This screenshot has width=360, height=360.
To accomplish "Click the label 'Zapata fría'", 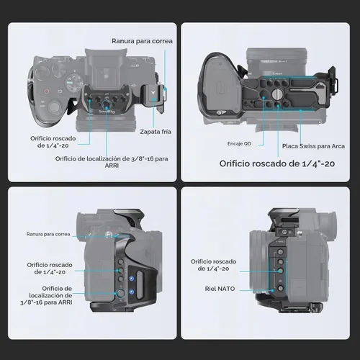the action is tap(156, 132).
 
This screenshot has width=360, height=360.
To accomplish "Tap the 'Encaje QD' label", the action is tap(239, 143).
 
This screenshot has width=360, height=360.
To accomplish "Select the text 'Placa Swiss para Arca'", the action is tap(313, 146).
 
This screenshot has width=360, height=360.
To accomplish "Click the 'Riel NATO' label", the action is tap(220, 289).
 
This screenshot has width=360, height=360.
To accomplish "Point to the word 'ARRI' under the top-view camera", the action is tap(112, 166).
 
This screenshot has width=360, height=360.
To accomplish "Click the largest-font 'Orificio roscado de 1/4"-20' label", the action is tap(277, 163).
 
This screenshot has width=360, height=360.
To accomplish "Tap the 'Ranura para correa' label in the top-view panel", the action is tap(142, 41).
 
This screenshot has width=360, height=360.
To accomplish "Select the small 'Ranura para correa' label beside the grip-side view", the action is tap(48, 234).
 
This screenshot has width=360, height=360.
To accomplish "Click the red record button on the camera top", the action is tap(47, 91).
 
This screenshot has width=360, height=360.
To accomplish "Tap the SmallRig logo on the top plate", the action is tap(107, 112).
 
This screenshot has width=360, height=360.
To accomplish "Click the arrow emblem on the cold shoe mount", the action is tap(153, 92).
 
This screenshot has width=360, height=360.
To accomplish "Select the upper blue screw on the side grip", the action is tap(131, 279).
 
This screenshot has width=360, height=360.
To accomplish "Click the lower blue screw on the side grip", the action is tap(131, 292).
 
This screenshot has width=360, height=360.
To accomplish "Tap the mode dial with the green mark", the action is tap(73, 82).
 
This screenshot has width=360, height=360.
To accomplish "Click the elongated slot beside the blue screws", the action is tap(140, 284).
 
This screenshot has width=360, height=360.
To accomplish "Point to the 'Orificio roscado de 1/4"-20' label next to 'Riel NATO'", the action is tap(213, 265).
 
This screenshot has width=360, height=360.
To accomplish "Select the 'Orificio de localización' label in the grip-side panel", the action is tap(46, 295).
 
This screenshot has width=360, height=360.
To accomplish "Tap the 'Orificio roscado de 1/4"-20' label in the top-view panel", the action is tap(53, 142).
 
